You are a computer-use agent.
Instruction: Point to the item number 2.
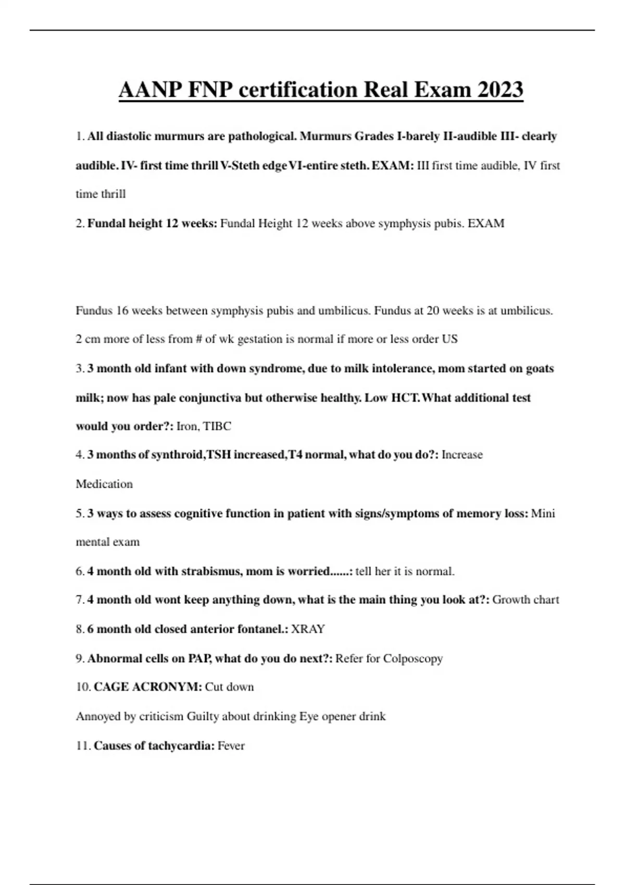point(80,224)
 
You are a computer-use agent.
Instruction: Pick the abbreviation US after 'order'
point(449,339)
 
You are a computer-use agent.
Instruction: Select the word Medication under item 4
point(104,484)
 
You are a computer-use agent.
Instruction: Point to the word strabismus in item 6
point(211,571)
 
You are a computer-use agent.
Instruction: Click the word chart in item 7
point(546,600)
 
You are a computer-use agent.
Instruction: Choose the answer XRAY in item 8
point(308,629)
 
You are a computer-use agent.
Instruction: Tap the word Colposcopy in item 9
point(413,659)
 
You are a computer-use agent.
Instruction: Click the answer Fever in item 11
point(231,745)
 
